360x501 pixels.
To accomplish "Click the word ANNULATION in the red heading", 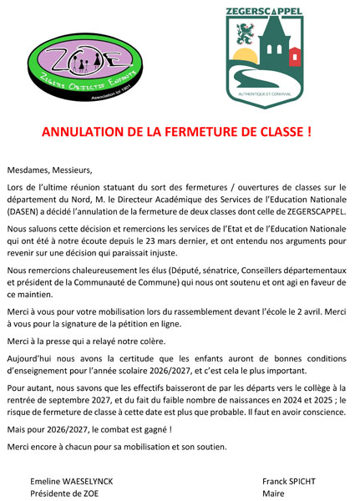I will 82,132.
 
